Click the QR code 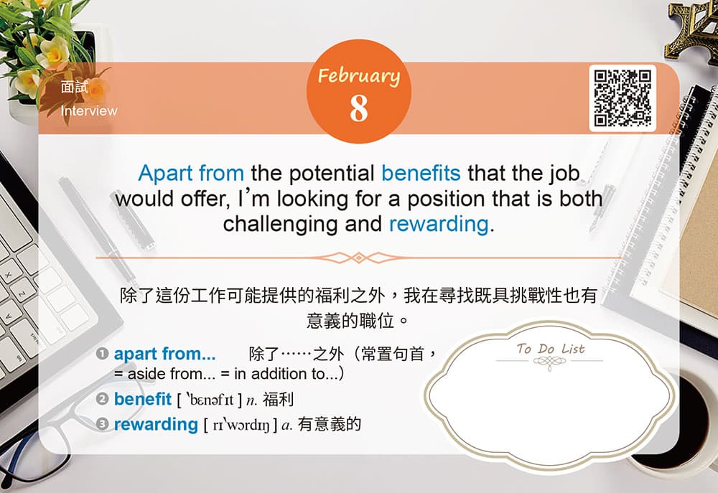[623, 98]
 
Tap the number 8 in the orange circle [359, 108]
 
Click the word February [359, 76]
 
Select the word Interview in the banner [89, 111]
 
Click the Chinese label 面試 [74, 87]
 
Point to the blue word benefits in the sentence [421, 173]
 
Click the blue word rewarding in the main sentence [439, 225]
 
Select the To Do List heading [551, 349]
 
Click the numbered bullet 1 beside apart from [102, 353]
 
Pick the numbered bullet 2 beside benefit [102, 399]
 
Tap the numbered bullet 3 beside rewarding [102, 424]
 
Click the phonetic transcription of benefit [210, 400]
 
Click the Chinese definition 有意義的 [330, 424]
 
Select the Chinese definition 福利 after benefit [278, 400]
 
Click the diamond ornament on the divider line [359, 258]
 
